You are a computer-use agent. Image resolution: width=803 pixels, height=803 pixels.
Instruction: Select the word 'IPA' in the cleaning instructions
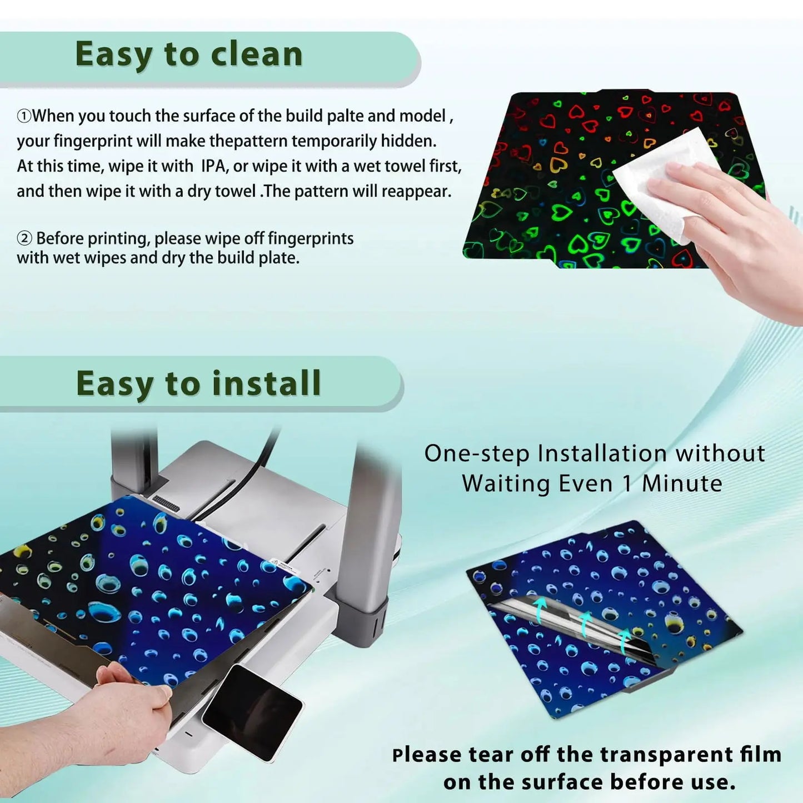214,166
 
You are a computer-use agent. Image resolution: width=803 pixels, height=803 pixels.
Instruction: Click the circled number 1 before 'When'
24,116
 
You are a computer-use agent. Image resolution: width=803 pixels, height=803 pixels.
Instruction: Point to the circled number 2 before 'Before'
24,239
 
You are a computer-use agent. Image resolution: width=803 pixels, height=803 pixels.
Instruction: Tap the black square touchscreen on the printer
252,713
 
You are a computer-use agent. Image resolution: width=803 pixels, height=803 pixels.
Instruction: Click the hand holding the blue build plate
121,709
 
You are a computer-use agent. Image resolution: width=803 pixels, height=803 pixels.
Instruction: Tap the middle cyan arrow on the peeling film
585,624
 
